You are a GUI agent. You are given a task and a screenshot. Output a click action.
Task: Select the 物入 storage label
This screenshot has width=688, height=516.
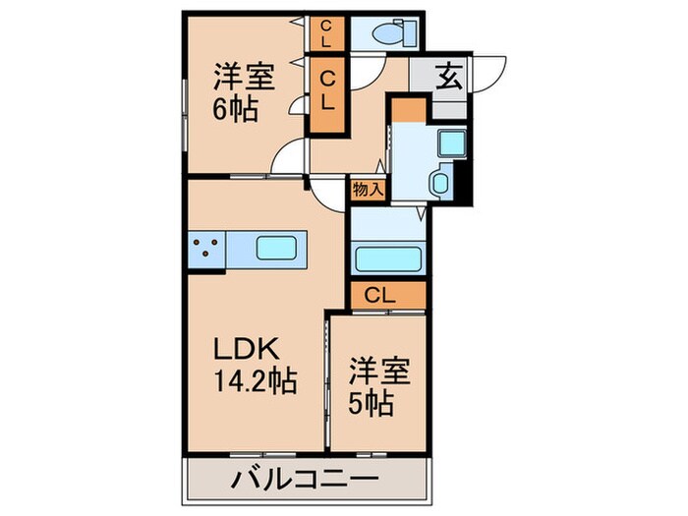coord(368,189)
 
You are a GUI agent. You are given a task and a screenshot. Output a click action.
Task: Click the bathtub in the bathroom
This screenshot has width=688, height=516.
coord(387,259)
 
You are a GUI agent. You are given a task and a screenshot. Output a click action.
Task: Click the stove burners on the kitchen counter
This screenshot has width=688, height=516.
coord(206,248)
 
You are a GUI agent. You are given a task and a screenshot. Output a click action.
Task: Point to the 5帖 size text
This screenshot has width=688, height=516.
coord(373,403)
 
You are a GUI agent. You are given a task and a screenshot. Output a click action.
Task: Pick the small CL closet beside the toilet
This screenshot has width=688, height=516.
coord(325,33)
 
